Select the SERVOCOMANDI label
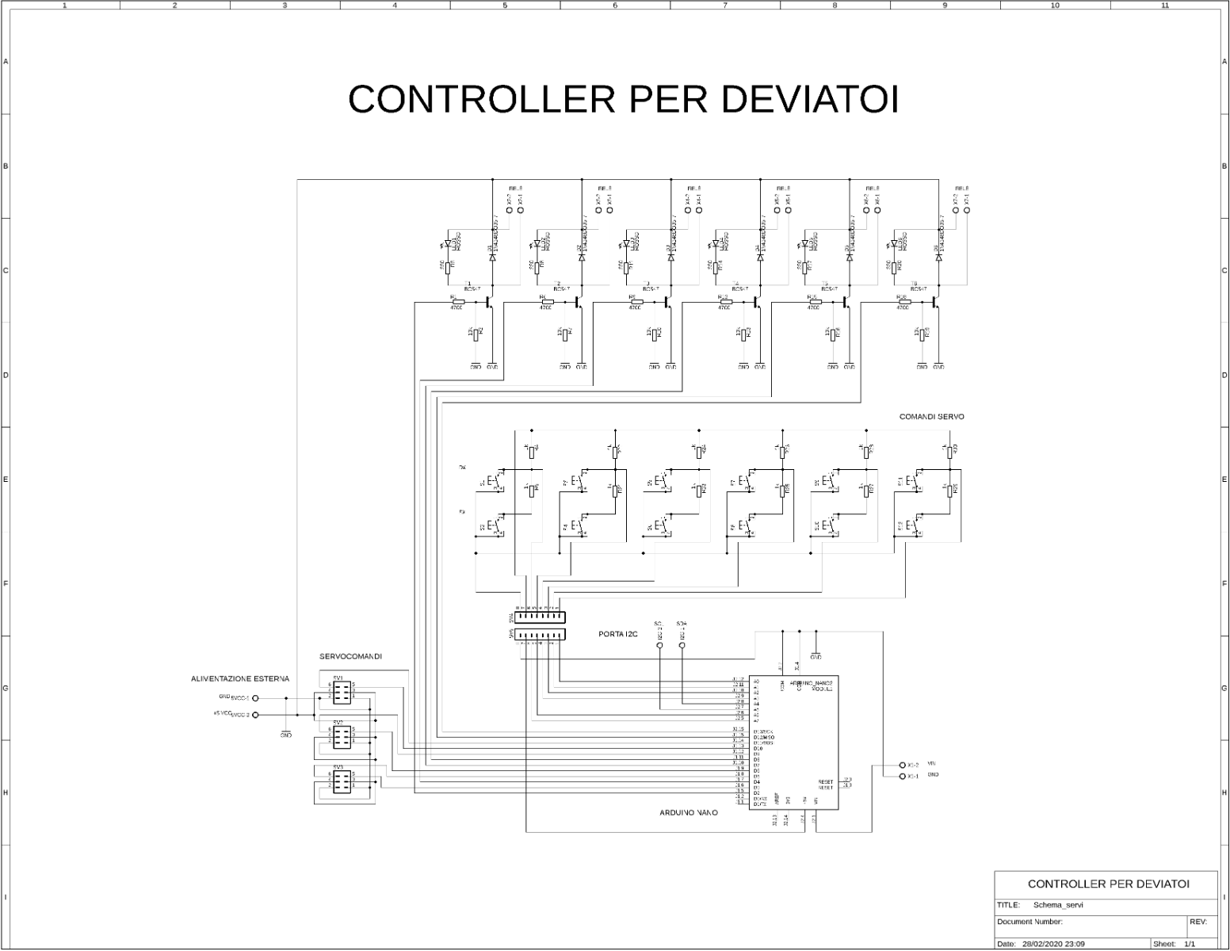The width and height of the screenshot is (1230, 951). pos(350,657)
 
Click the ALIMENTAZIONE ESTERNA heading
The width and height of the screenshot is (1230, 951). pos(240,679)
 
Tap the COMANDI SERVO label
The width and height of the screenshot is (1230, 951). pos(931,417)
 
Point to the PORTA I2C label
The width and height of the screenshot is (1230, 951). pos(618,634)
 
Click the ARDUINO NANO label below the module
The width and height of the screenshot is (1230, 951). pos(689,812)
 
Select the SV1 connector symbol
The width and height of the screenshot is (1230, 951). pos(342,694)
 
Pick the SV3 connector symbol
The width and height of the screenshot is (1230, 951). pos(342,783)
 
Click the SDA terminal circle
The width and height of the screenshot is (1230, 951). pos(682,646)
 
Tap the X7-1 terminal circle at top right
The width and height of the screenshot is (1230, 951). pos(967,210)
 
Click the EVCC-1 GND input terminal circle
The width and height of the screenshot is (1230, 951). pos(255,699)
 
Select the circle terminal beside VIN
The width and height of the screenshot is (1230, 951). pos(902,765)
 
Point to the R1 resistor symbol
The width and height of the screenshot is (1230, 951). pos(457,302)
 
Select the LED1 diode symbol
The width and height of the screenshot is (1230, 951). pos(449,244)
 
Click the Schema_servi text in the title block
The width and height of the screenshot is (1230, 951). pos(1058,905)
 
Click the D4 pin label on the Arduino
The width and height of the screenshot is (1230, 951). pos(758,782)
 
